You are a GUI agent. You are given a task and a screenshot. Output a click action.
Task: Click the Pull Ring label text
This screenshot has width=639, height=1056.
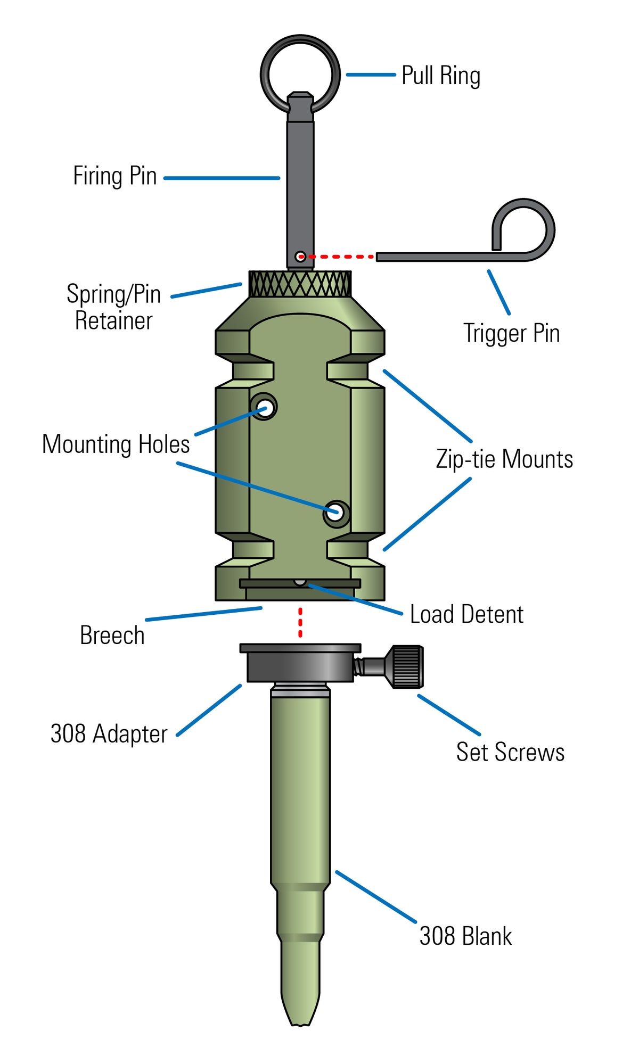point(440,76)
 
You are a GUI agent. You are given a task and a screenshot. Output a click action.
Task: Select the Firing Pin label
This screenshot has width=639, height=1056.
point(115,176)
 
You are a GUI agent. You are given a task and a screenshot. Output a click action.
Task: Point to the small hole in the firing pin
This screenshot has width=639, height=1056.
point(300,257)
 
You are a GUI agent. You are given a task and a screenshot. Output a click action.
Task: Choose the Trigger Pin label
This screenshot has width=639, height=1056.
point(511,334)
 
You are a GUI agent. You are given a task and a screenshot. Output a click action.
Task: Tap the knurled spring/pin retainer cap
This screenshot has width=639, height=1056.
point(300,284)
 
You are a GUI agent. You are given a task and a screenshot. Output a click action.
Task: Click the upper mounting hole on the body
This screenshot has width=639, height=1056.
point(264,408)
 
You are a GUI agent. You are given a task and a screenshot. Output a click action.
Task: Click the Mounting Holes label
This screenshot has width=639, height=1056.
point(116,444)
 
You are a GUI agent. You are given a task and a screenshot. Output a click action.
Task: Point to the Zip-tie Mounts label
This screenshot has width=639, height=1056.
point(504,459)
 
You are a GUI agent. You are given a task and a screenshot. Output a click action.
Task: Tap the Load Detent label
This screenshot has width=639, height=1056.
point(466,614)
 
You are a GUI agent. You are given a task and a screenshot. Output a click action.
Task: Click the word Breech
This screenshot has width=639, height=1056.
point(112,635)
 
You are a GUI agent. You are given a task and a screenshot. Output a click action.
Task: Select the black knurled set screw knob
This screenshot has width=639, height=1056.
point(408,667)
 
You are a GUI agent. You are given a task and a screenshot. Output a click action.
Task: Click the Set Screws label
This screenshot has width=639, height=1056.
point(510,752)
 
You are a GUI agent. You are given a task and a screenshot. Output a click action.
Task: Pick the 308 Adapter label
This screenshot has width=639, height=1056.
point(109,734)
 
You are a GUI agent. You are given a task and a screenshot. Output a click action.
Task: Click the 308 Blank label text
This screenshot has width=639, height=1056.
point(465,936)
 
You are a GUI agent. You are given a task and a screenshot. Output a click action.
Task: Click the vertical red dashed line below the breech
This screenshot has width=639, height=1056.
point(300,623)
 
